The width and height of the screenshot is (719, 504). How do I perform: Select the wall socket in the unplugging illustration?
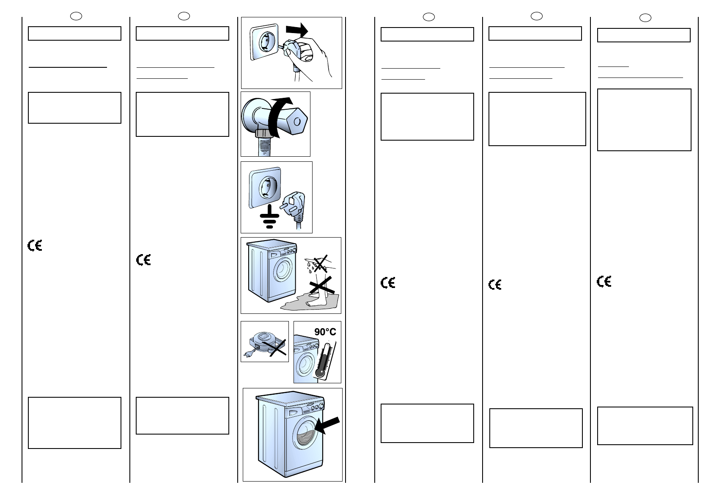coord(266,42)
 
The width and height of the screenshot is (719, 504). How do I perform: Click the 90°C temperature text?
coord(325,332)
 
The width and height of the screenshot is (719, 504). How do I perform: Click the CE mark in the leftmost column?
coord(35,246)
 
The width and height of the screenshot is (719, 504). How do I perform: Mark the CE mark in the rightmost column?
coord(604,282)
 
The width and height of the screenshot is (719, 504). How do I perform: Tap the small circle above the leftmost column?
coord(76,16)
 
